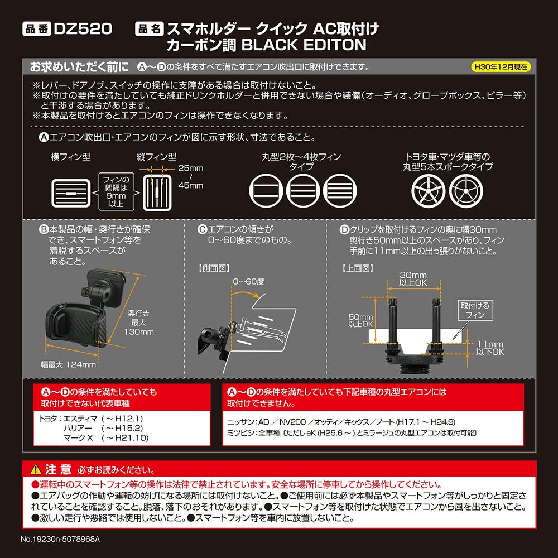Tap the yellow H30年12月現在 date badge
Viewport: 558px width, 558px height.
(x=501, y=67)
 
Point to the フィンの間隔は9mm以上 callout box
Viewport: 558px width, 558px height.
(x=117, y=192)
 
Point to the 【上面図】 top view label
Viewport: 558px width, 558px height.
(x=357, y=268)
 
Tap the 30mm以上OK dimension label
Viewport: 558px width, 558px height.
(x=413, y=279)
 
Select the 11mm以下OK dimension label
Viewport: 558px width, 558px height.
(x=490, y=348)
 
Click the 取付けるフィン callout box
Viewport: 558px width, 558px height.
(x=474, y=310)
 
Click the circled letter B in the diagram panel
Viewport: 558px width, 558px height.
(x=43, y=229)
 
